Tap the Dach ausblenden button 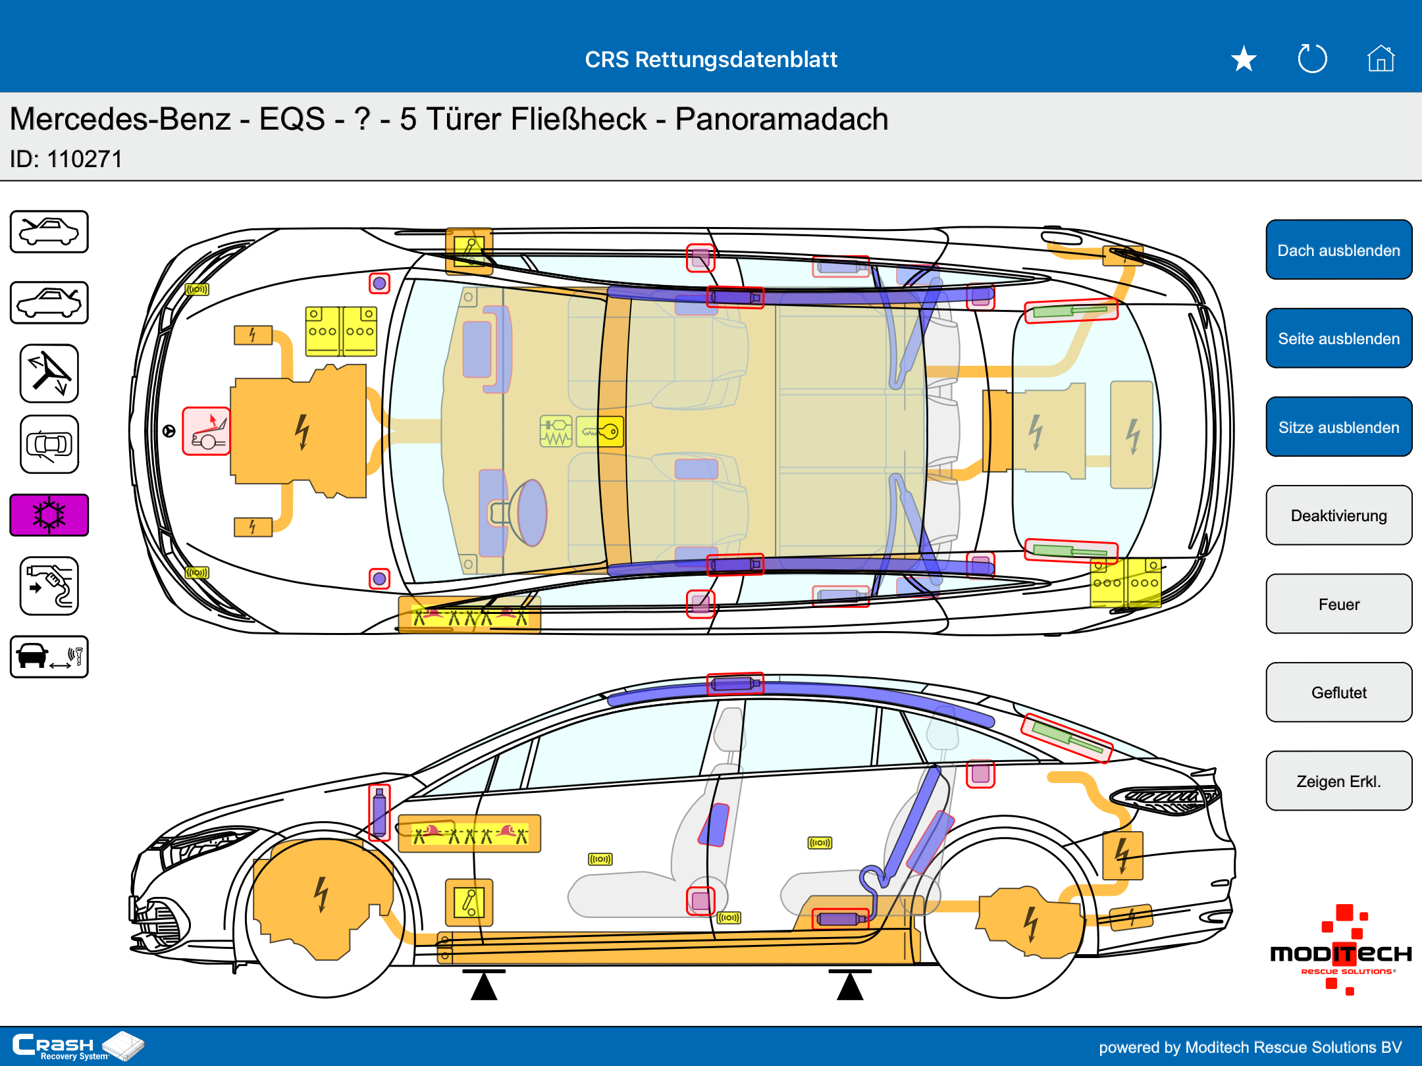[x=1338, y=250]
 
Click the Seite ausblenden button [x=1338, y=338]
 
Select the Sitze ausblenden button [x=1338, y=427]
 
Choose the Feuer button [x=1338, y=604]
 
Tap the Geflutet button [x=1338, y=692]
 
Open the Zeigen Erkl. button [x=1338, y=781]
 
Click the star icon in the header [x=1244, y=59]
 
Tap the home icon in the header [x=1381, y=59]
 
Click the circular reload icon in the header [x=1312, y=59]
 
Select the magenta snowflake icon [x=49, y=515]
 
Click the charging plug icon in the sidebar [x=49, y=586]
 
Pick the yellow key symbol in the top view [x=600, y=432]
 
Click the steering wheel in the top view [x=527, y=512]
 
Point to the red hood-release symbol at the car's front [x=206, y=432]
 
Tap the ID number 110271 [x=84, y=159]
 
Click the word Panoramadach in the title [x=781, y=119]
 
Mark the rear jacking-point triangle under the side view [x=850, y=986]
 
